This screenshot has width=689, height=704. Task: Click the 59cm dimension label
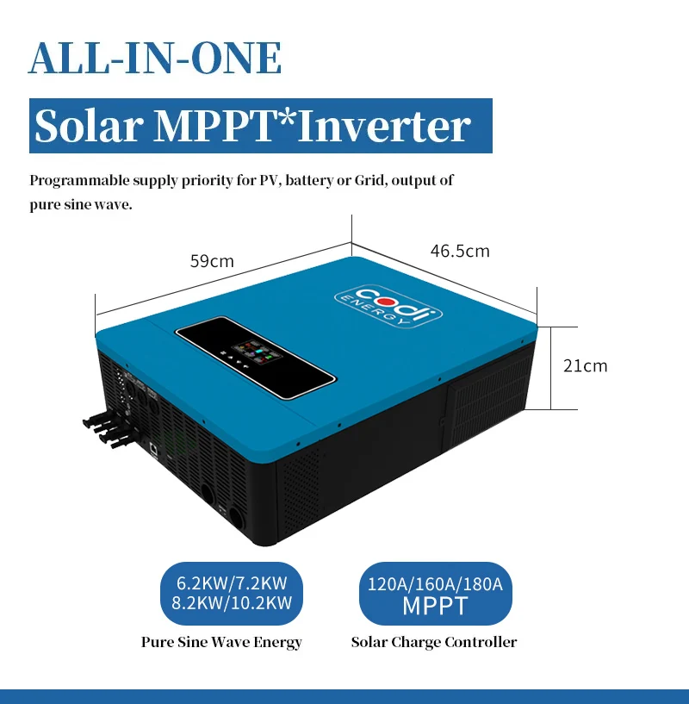tap(212, 260)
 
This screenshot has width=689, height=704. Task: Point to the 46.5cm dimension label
tap(460, 251)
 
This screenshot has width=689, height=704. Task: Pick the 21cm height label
tap(585, 365)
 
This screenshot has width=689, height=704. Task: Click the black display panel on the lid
tap(255, 358)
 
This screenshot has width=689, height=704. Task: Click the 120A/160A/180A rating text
tap(435, 584)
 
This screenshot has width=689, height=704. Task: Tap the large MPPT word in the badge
tap(435, 606)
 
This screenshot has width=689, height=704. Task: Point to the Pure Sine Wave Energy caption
tap(221, 642)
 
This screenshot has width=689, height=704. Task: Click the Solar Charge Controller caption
tap(434, 642)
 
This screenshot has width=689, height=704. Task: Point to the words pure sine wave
tap(80, 207)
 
